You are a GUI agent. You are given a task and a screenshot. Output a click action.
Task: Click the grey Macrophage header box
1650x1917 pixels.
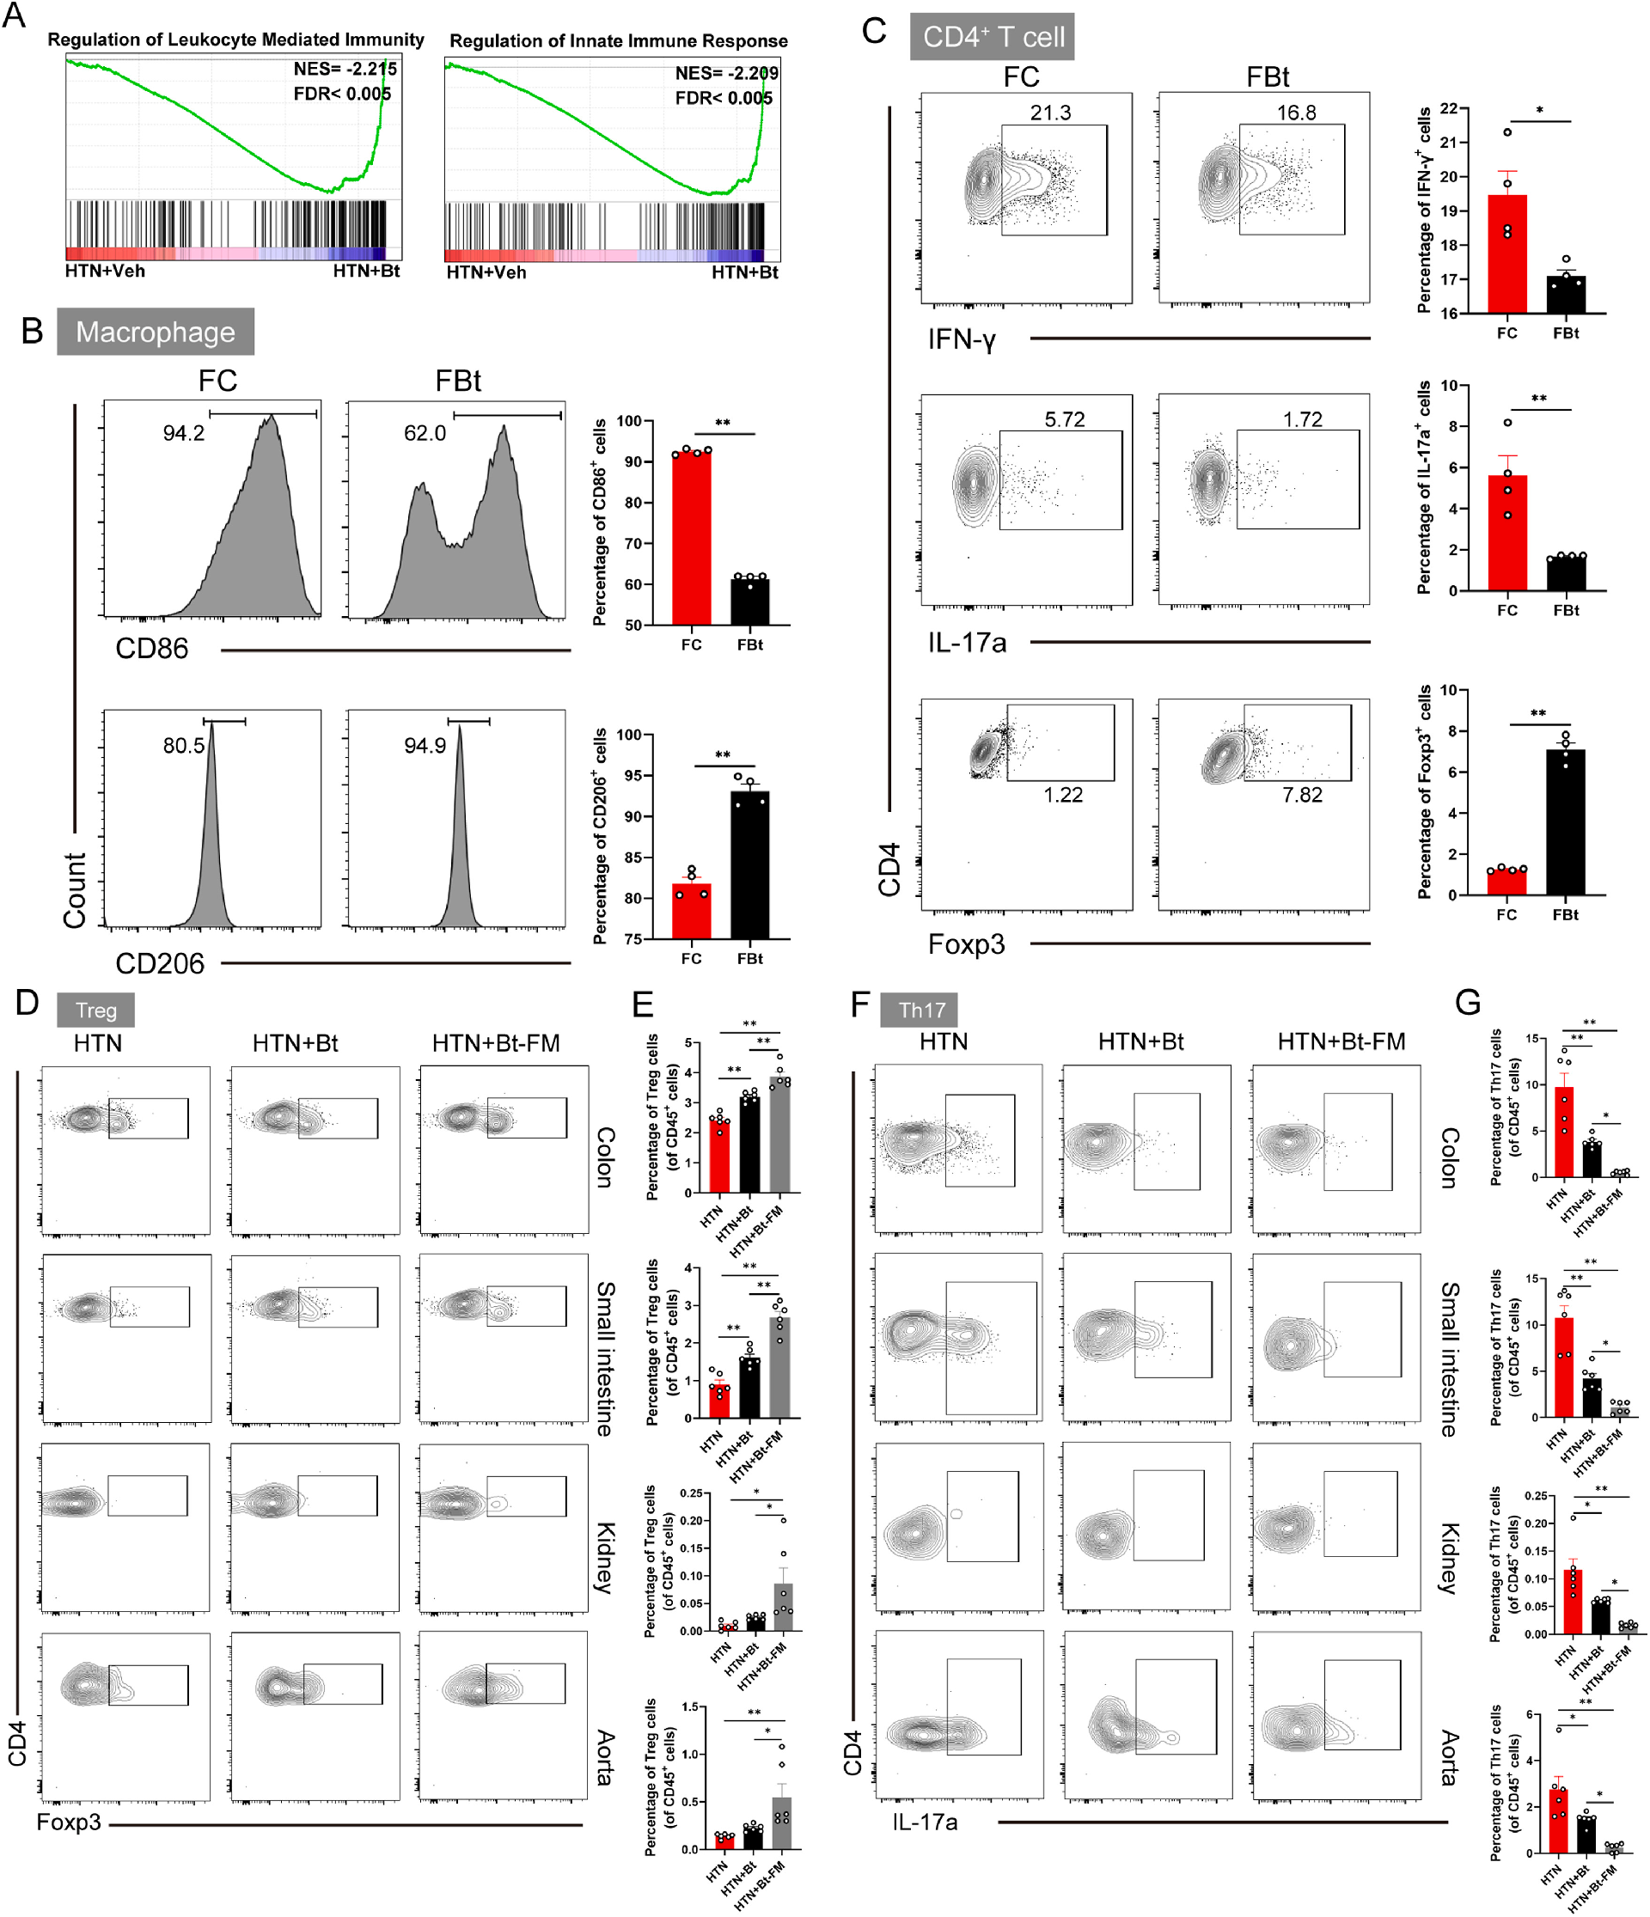coord(156,331)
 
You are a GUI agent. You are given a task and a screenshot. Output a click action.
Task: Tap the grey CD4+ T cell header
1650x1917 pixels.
coord(992,36)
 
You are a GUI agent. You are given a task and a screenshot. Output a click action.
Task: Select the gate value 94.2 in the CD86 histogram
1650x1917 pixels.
coord(183,433)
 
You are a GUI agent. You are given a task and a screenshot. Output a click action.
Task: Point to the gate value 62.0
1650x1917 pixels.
coord(425,433)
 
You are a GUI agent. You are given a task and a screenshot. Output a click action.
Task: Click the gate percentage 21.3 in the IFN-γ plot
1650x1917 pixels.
coord(1050,113)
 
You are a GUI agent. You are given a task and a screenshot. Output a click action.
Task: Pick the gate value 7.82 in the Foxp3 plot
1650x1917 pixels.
coord(1302,795)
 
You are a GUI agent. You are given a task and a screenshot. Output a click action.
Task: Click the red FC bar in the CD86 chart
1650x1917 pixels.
coord(691,539)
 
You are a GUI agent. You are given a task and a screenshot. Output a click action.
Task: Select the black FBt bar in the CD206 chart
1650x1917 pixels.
coord(749,865)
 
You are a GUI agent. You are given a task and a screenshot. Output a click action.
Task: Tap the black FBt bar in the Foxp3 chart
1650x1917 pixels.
coord(1566,822)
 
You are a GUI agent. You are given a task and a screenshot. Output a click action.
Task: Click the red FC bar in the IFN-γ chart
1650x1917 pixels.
coord(1507,254)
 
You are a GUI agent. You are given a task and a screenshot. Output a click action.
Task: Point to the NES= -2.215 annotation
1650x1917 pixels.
coord(345,70)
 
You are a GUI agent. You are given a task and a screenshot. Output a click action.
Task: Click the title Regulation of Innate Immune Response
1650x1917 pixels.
coord(618,40)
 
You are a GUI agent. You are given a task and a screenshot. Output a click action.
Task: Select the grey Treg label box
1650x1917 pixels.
coord(95,1010)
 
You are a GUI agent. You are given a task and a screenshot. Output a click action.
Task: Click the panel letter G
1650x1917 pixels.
coord(1468,1002)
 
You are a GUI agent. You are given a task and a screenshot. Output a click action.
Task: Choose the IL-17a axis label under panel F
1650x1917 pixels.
coord(926,1822)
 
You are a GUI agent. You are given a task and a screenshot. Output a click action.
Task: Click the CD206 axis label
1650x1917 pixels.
coord(160,964)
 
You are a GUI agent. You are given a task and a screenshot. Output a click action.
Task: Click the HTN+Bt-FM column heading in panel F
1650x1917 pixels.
coord(1341,1041)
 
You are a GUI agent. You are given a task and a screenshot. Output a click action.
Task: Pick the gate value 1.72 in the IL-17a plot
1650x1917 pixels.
coord(1302,419)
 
